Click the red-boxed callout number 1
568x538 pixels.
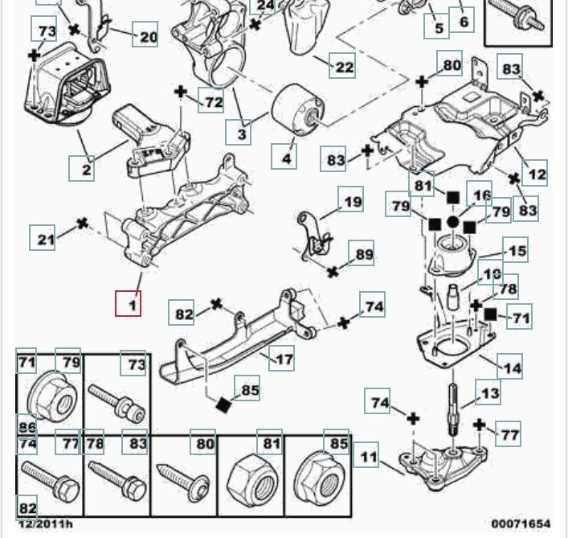tap(128, 304)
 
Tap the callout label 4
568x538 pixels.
tap(286, 158)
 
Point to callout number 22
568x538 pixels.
tap(344, 67)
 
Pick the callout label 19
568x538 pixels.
tap(353, 202)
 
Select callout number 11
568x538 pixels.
tap(369, 458)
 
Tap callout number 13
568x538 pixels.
tap(490, 394)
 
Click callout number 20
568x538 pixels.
tap(149, 36)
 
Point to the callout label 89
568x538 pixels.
tap(364, 255)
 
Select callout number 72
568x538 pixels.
tap(213, 102)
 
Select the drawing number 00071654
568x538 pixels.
tap(525, 524)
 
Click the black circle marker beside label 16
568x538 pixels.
tap(453, 222)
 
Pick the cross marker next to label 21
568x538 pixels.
tap(81, 222)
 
